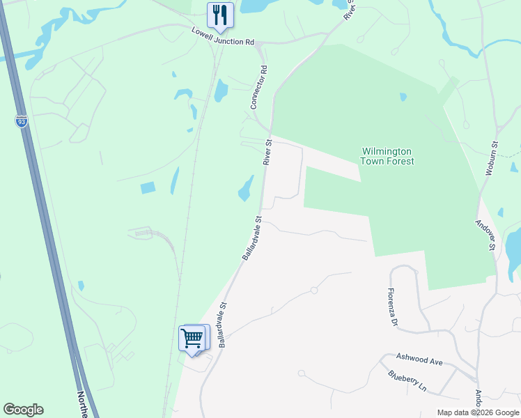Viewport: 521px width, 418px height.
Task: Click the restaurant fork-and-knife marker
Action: coord(220,15)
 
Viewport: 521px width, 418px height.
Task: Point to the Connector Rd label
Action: coord(258,88)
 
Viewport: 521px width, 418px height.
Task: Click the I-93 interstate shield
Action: coord(22,122)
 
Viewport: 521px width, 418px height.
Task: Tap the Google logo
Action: coord(23,410)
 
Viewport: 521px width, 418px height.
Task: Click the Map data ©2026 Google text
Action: coord(479,413)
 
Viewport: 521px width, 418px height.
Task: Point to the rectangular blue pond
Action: coord(148,187)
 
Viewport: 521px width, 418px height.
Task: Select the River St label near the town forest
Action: coord(268,152)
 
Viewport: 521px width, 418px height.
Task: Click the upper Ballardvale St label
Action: coord(252,238)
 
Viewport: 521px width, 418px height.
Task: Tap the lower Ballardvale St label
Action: coord(223,324)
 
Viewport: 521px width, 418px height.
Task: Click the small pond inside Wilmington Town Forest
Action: coord(403,97)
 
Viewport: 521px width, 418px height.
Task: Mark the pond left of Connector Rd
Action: coord(221,90)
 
